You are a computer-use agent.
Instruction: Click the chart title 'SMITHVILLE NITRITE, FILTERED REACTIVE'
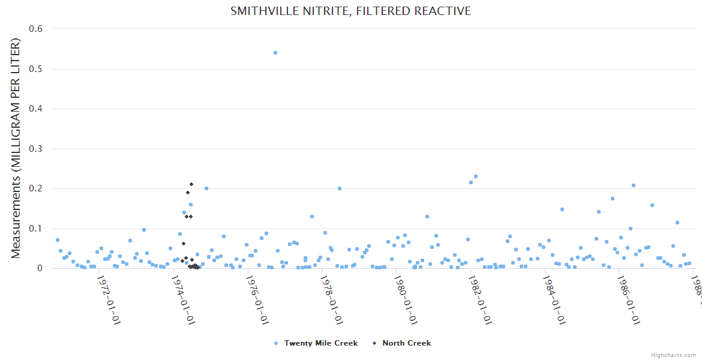(x=350, y=11)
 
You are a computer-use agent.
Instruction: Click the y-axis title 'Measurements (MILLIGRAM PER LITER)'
(x=16, y=148)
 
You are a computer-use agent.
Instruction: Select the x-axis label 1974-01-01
(x=184, y=301)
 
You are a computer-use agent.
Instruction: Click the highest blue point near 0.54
(x=275, y=53)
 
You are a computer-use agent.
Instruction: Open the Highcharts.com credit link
(x=673, y=355)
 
